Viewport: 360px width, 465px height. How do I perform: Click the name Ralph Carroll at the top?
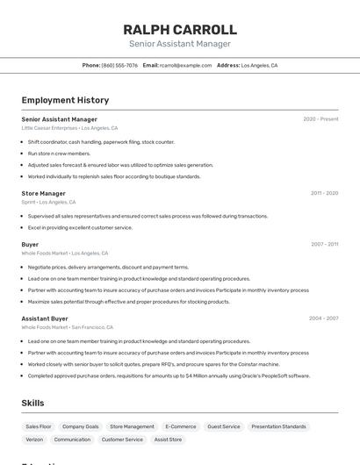(x=180, y=29)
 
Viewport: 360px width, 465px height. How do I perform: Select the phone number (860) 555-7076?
(x=119, y=65)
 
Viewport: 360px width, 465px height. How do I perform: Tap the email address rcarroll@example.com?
(x=185, y=65)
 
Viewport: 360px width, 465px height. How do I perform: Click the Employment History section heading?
(x=65, y=100)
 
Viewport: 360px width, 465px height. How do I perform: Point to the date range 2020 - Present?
(x=320, y=118)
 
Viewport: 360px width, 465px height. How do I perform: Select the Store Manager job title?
(x=44, y=193)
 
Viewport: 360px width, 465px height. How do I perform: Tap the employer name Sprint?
(x=28, y=202)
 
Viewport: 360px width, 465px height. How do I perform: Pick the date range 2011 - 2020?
(x=324, y=193)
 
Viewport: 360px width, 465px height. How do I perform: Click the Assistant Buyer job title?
(x=45, y=318)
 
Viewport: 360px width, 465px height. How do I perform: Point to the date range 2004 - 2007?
(x=323, y=318)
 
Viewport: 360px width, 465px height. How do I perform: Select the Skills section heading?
(x=33, y=403)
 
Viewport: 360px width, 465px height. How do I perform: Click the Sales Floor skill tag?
(x=39, y=426)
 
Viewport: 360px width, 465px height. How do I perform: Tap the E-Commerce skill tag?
(x=180, y=426)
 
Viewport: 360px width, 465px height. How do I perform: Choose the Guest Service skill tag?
(x=223, y=426)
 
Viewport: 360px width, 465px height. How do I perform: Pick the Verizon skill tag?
(x=34, y=440)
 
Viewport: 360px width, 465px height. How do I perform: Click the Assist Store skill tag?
(x=168, y=440)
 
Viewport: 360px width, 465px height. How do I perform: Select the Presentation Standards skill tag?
(x=280, y=426)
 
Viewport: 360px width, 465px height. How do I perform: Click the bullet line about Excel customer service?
(x=80, y=227)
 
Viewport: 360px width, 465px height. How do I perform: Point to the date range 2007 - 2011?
(x=324, y=244)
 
